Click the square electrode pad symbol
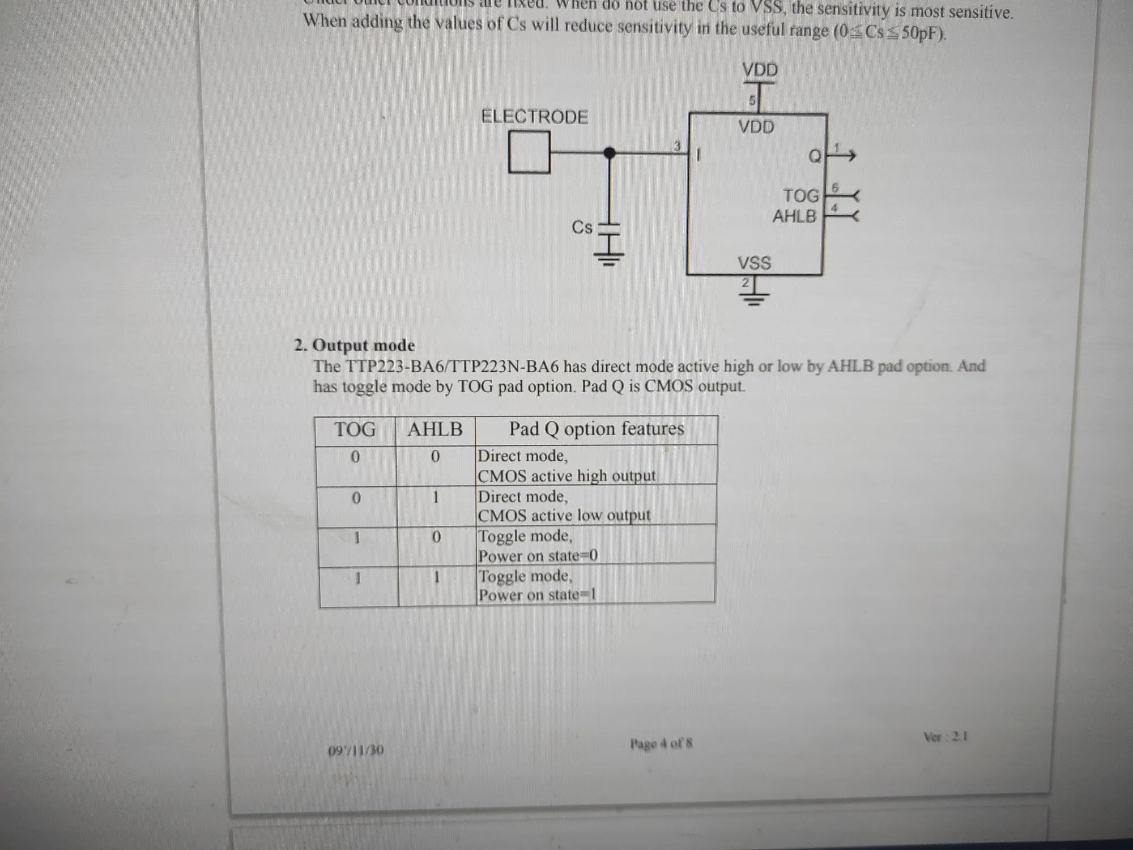click(x=529, y=152)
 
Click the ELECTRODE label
click(x=534, y=117)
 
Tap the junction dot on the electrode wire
click(x=610, y=152)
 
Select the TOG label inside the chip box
click(x=801, y=196)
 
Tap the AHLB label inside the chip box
click(x=794, y=216)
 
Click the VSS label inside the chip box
click(x=754, y=263)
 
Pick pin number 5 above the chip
click(x=752, y=101)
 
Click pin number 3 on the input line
click(x=676, y=146)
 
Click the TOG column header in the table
click(x=355, y=430)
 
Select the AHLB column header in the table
click(x=435, y=429)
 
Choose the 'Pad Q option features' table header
click(x=596, y=428)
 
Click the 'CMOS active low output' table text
click(x=564, y=515)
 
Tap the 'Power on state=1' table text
click(x=537, y=594)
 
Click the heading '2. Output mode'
click(x=355, y=345)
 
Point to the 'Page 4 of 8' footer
click(x=661, y=743)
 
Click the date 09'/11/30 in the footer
click(x=356, y=750)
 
